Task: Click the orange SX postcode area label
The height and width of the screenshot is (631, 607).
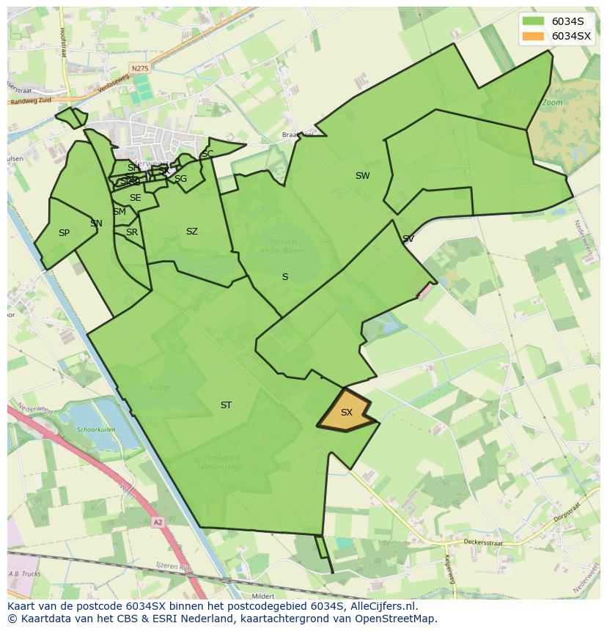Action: [x=347, y=413]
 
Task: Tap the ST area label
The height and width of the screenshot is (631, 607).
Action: [x=226, y=405]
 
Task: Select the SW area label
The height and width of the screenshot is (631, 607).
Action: [x=362, y=176]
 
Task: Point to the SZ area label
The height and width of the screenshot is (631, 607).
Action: [x=191, y=232]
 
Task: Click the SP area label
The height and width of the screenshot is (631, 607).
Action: [x=64, y=233]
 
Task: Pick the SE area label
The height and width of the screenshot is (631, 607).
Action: [x=135, y=198]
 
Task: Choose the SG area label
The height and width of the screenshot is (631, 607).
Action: [x=180, y=179]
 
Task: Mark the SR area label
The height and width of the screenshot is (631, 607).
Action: [x=132, y=232]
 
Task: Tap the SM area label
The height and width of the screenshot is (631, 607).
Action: [x=119, y=212]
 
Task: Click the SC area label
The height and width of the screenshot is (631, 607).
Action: [x=207, y=154]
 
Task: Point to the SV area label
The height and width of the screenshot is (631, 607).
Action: [x=408, y=239]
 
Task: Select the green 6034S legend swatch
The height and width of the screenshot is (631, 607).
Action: [x=534, y=21]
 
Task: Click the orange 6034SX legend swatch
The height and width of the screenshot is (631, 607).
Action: [x=534, y=36]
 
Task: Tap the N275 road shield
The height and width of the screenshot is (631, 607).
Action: [x=139, y=68]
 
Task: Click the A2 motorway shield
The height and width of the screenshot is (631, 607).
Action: [x=158, y=522]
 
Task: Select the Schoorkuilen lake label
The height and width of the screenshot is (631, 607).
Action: [x=97, y=430]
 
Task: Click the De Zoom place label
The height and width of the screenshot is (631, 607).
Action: [x=547, y=103]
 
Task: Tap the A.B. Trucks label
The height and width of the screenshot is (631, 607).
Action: [x=23, y=574]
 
